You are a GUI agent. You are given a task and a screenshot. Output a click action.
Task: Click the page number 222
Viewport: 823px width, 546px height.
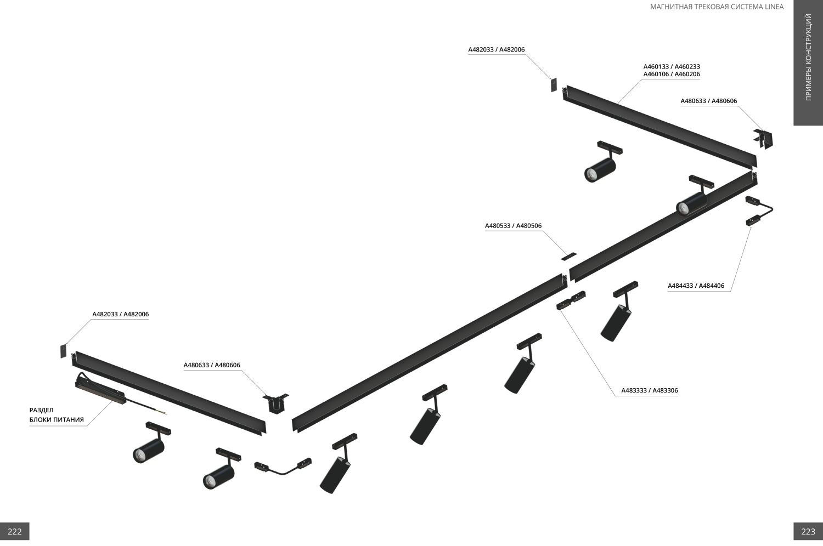click(15, 531)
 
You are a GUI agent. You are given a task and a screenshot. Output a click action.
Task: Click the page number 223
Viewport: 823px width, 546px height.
click(808, 531)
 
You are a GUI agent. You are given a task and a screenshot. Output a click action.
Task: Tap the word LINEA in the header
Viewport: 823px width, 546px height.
click(774, 7)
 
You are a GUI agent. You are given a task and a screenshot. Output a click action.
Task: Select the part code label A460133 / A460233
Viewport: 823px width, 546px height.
click(672, 67)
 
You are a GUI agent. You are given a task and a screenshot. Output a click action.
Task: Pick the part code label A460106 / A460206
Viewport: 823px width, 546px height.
click(672, 75)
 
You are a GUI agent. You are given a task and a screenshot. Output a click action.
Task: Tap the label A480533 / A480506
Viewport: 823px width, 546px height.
click(513, 226)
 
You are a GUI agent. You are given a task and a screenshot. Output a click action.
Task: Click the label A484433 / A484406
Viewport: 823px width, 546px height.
click(696, 286)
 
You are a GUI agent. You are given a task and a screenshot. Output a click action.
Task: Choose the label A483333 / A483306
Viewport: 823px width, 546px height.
click(650, 391)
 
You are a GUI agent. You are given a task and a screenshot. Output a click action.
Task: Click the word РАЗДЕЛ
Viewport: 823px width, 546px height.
click(42, 410)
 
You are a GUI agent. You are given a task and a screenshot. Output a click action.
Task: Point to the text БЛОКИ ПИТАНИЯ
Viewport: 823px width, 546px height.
click(57, 420)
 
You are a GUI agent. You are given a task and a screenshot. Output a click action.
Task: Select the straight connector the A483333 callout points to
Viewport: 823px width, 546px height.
click(571, 300)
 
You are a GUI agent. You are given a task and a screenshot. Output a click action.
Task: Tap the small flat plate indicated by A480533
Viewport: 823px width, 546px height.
click(568, 256)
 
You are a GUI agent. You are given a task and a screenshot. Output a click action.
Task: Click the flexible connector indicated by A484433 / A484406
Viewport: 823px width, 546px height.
click(759, 211)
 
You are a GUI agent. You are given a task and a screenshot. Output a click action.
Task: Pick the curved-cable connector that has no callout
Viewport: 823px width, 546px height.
click(283, 468)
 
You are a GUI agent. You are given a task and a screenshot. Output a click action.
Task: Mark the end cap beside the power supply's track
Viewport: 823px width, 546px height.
click(63, 351)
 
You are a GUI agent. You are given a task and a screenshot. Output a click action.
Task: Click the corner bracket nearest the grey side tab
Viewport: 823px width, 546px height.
click(764, 139)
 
